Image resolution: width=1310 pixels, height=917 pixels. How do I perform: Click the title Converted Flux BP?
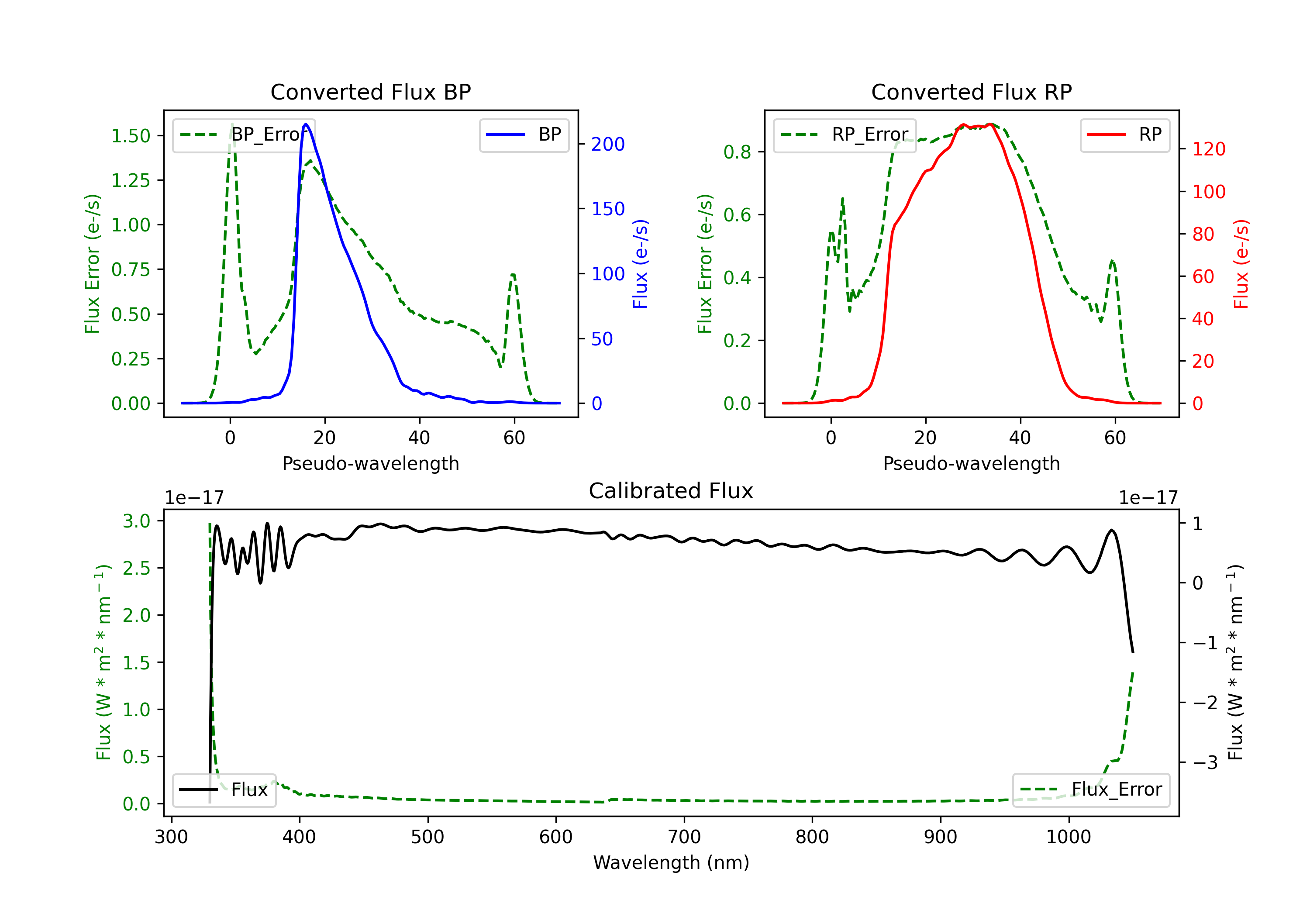pos(371,92)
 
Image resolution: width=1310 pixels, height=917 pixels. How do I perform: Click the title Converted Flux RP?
pos(972,92)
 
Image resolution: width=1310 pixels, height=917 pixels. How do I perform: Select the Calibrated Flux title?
pos(671,491)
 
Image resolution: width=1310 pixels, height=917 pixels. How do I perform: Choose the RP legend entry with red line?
pos(1124,134)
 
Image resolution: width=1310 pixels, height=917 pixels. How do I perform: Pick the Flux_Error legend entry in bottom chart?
pos(1091,790)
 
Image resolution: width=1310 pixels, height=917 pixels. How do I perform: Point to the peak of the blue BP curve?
pos(306,124)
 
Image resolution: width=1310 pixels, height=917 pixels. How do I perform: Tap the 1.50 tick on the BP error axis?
pos(131,136)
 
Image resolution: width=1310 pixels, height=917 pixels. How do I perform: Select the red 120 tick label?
pos(1208,149)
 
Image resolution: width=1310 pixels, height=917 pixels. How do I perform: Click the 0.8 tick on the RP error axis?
pos(737,152)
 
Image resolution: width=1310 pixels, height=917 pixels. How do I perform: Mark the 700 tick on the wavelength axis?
pos(684,837)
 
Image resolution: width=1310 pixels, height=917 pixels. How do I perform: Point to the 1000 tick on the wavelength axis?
pos(1069,837)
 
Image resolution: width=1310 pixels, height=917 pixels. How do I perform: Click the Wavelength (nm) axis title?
pos(671,863)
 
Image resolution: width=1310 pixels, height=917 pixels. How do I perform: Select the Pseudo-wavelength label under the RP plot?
pos(972,463)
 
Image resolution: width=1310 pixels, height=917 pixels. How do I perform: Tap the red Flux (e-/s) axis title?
pos(1241,264)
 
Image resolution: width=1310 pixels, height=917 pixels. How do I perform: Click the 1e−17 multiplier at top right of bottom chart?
pos(1148,498)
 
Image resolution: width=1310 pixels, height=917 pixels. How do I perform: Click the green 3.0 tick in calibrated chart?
pos(137,521)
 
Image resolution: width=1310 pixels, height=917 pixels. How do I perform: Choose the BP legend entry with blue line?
pos(524,134)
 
